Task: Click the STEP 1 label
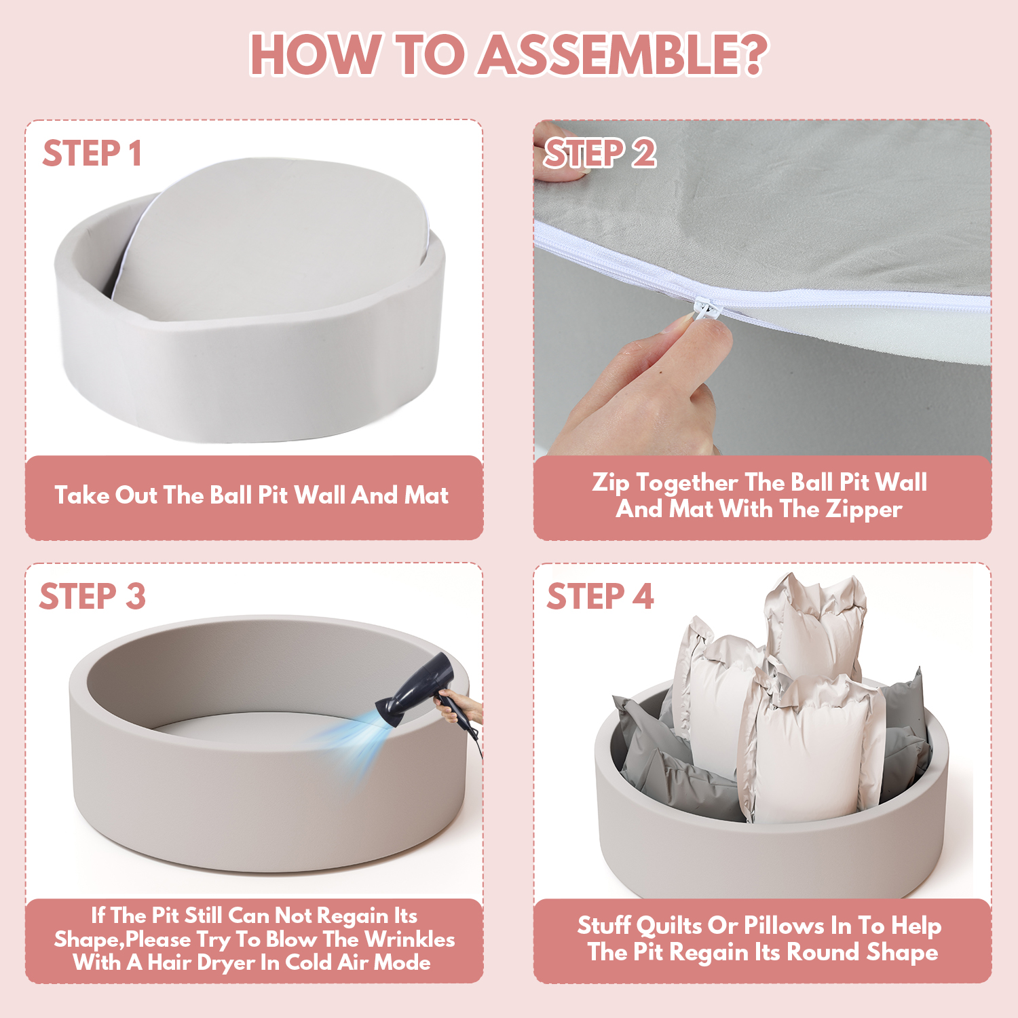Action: tap(92, 153)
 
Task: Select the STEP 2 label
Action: tap(600, 153)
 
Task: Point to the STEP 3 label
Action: tap(93, 597)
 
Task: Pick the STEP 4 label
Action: tap(601, 597)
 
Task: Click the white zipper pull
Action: tap(706, 311)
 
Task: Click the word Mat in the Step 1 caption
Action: tap(426, 495)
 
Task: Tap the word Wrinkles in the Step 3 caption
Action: tap(410, 939)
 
